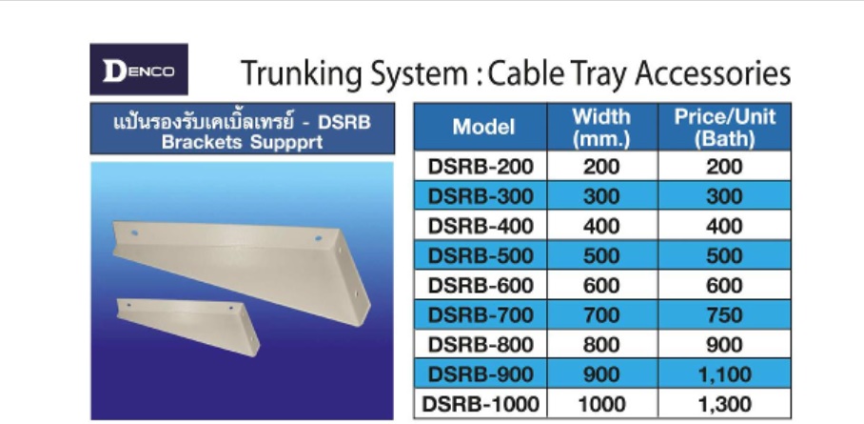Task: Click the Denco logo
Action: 139,70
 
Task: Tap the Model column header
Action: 483,127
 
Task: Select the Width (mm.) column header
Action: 600,128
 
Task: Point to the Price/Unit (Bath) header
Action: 724,128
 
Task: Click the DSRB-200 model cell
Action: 481,167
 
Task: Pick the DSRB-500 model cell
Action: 481,255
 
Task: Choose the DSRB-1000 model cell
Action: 480,404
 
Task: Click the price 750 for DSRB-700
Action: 724,315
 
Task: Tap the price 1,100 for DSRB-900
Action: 724,374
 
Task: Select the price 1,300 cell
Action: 724,405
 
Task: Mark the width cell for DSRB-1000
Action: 601,405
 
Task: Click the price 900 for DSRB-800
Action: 724,345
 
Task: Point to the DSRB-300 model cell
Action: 481,196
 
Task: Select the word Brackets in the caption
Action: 203,142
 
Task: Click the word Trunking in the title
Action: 303,74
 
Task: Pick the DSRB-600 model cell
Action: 481,286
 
